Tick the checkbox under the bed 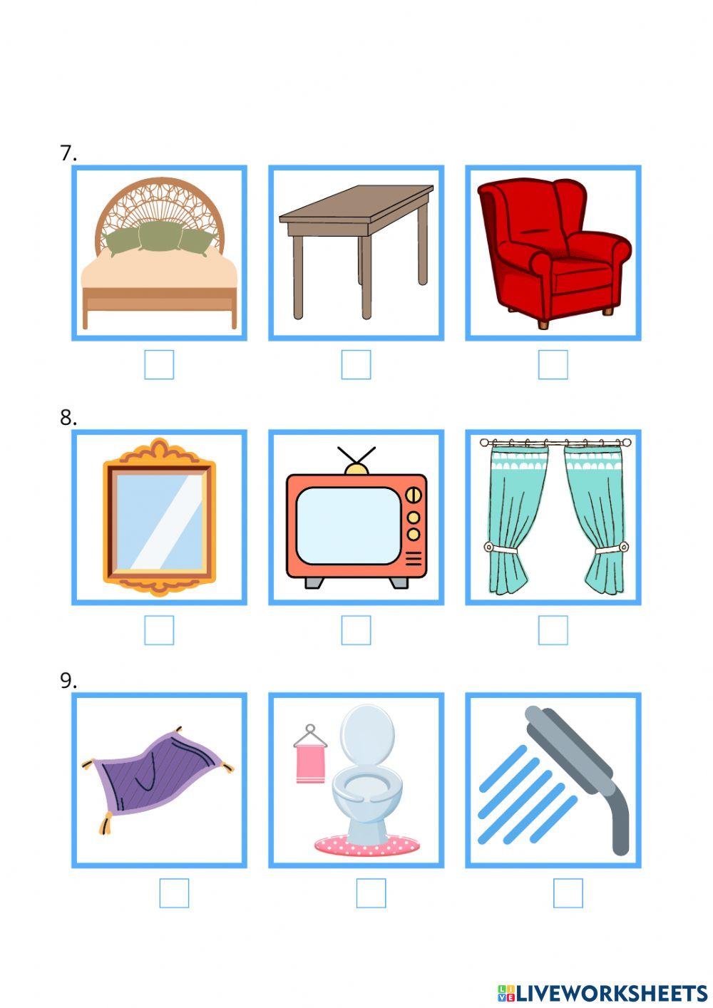[159, 365]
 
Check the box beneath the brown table [356, 365]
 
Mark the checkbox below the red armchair [553, 365]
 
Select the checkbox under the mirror [159, 630]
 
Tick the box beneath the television [356, 630]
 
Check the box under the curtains [553, 630]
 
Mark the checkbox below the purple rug [174, 893]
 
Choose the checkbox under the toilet [371, 893]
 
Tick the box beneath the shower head [568, 893]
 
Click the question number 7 [68, 153]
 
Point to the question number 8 [68, 418]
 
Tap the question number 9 [68, 682]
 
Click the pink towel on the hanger [310, 763]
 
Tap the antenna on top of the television [356, 457]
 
